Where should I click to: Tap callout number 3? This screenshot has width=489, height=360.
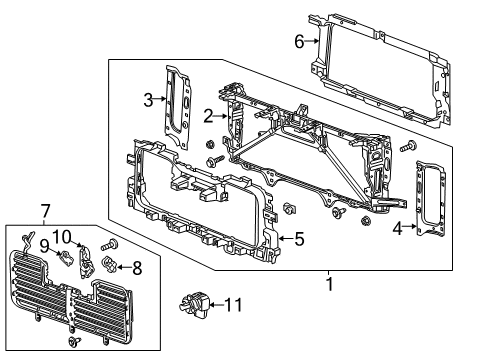(147, 99)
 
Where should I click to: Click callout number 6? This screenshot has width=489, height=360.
(298, 41)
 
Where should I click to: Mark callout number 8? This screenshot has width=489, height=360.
(137, 267)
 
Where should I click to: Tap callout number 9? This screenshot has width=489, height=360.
(45, 245)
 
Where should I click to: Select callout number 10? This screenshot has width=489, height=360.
(62, 236)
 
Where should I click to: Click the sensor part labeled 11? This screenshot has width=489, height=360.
(196, 300)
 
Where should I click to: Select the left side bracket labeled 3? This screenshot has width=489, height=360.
(176, 105)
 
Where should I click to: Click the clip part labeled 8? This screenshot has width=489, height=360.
(112, 265)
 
